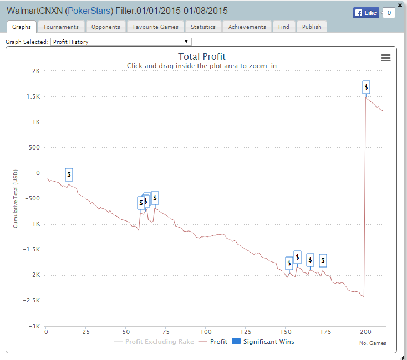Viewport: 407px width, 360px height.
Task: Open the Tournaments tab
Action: pos(61,27)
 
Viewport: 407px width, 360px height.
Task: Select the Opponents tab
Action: pos(105,27)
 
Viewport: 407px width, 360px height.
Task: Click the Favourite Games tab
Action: pos(155,27)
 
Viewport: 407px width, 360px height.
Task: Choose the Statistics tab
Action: pos(203,27)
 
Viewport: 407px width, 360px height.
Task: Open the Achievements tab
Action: pos(247,27)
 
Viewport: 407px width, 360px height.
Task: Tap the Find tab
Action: pos(283,27)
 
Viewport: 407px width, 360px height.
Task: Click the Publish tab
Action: pos(312,27)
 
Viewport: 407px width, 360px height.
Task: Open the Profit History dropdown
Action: pos(121,42)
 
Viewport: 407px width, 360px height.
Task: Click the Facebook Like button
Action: pos(367,13)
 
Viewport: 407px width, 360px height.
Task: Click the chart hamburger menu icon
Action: pos(386,58)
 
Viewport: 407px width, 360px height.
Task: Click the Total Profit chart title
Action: pos(202,56)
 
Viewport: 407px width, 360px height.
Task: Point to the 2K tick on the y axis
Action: pos(35,71)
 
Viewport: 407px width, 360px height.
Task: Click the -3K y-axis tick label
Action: pos(34,326)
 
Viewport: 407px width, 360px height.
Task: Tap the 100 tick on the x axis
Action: pos(205,332)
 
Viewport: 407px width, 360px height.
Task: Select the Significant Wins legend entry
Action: pos(263,342)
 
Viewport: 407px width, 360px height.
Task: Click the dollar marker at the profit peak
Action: pos(366,87)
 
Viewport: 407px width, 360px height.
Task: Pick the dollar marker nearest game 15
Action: pos(69,174)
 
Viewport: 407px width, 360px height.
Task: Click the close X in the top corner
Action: pos(400,5)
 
